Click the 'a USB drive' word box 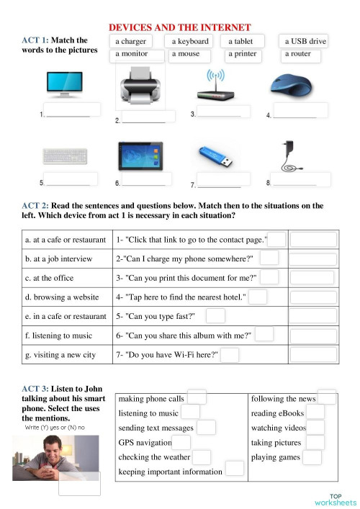[x=305, y=42]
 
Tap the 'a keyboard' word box [x=190, y=42]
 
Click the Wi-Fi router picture [x=215, y=87]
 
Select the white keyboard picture [x=65, y=158]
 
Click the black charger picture [x=292, y=156]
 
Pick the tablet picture [x=140, y=156]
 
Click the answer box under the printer [x=149, y=117]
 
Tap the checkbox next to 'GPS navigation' [x=181, y=443]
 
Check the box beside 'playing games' [x=312, y=457]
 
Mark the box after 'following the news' [x=326, y=397]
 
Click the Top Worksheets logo [x=335, y=499]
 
